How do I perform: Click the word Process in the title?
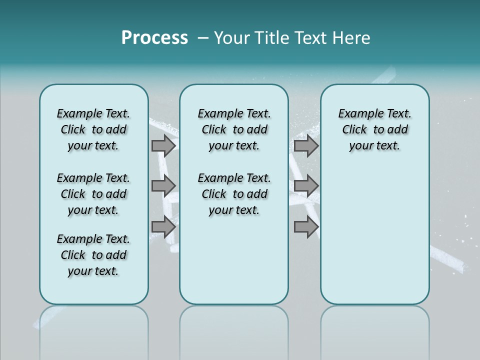pos(154,38)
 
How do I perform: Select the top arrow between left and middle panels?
pos(163,146)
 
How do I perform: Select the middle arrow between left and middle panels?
pos(163,186)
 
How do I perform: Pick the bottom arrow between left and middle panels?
pos(163,227)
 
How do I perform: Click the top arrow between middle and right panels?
pos(306,146)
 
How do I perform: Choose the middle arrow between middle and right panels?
pos(306,186)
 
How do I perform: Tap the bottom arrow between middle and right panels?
pos(306,227)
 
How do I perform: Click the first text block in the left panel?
pos(93,129)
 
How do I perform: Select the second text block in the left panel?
pos(93,194)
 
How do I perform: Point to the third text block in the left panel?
pos(93,255)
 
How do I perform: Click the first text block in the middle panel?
pos(234,129)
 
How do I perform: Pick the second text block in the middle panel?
pos(234,194)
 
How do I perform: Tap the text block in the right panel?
pos(374,129)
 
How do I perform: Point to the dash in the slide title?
pos(203,38)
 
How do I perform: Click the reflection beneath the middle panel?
pos(234,330)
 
